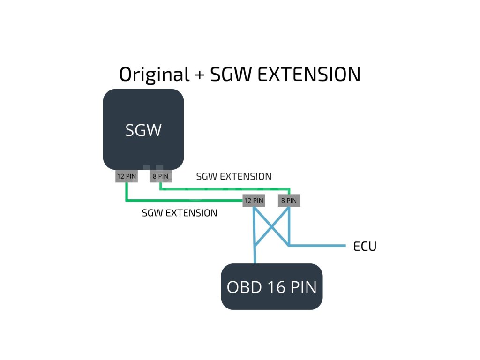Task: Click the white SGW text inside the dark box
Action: pyautogui.click(x=143, y=130)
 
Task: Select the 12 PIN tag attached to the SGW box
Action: pyautogui.click(x=127, y=177)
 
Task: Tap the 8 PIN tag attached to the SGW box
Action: pyautogui.click(x=160, y=177)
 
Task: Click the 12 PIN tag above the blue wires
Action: pyautogui.click(x=254, y=200)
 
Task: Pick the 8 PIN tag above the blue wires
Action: pyautogui.click(x=288, y=200)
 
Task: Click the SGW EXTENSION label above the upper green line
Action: pyautogui.click(x=234, y=177)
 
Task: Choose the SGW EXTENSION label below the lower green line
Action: pyautogui.click(x=180, y=213)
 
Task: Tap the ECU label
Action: pyautogui.click(x=365, y=247)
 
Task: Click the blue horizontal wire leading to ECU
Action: pyautogui.click(x=319, y=245)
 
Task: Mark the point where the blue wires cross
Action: pyautogui.click(x=271, y=227)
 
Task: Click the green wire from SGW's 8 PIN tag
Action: pyautogui.click(x=225, y=189)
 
